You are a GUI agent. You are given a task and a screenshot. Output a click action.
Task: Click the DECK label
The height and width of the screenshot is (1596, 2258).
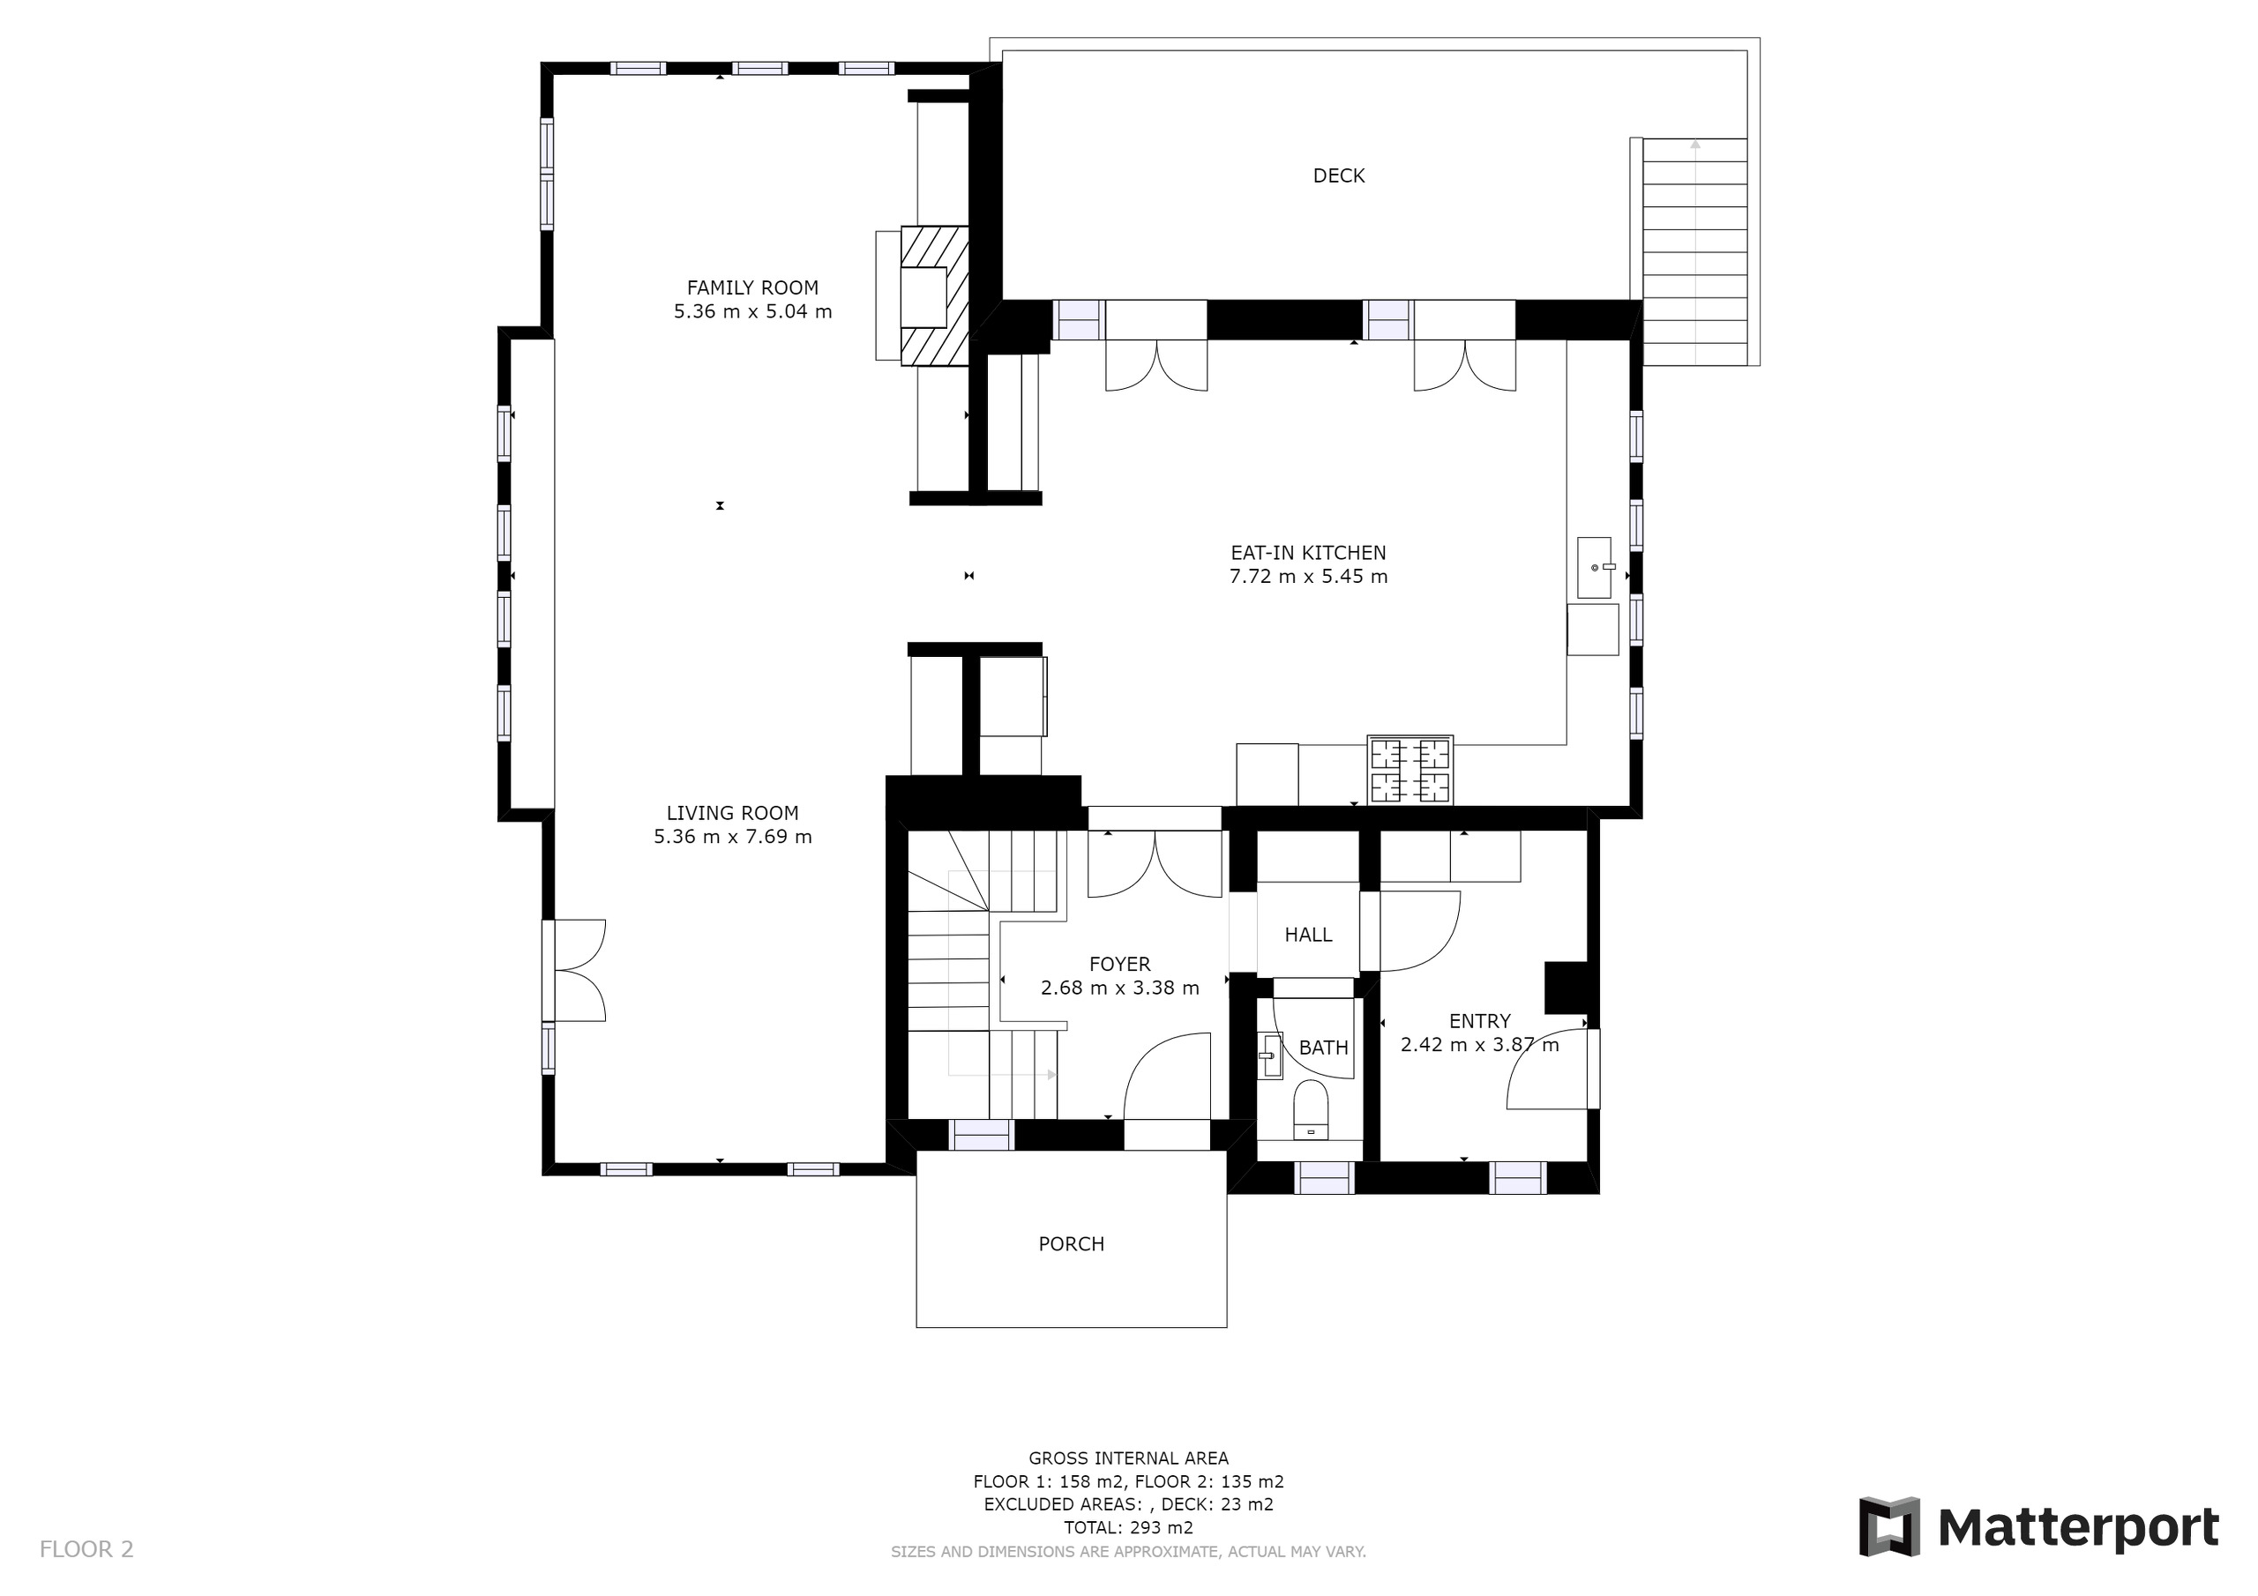[1338, 176]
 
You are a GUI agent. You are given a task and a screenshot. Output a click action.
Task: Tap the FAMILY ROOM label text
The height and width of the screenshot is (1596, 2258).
[752, 288]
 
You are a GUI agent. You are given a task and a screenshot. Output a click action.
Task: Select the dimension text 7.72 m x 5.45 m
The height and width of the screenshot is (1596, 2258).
[1308, 578]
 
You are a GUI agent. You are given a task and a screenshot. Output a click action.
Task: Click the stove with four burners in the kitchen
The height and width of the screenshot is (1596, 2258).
[1409, 770]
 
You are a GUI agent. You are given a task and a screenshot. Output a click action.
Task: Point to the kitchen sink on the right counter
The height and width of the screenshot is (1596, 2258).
[1593, 567]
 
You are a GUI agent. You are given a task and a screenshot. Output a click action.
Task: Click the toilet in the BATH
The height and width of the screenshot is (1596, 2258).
[1310, 1111]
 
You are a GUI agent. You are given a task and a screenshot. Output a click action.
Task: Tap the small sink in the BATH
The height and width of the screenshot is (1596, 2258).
[1269, 1055]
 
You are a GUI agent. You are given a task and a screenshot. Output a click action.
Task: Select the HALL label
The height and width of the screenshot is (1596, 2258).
[1308, 936]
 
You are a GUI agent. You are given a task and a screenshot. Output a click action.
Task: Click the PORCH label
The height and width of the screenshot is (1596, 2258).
[1071, 1244]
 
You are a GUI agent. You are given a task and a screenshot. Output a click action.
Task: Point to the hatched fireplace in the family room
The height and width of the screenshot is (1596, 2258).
[934, 296]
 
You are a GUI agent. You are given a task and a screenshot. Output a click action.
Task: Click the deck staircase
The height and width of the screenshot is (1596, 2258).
[1694, 250]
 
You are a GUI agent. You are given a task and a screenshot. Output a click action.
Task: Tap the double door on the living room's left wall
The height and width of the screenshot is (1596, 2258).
[575, 971]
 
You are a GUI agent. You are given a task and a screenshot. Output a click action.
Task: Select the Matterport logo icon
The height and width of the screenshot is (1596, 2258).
[1888, 1527]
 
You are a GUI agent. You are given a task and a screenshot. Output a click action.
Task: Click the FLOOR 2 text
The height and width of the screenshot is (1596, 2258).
[86, 1550]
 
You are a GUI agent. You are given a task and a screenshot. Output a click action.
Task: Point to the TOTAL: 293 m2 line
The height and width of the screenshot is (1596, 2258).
[1128, 1528]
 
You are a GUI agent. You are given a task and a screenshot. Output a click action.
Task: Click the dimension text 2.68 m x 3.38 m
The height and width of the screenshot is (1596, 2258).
[1119, 988]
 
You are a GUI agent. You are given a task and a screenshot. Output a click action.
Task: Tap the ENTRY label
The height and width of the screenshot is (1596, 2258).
[1479, 1022]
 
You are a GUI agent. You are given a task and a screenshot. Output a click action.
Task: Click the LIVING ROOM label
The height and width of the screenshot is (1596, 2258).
[733, 813]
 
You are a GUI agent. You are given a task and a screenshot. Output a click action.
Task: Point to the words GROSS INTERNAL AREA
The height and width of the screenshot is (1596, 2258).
[1128, 1458]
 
